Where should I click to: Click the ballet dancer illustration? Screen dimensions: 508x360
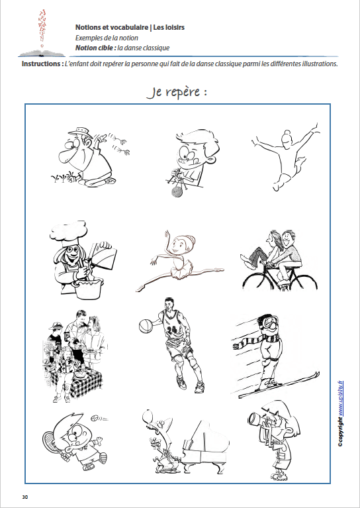pos(173,260)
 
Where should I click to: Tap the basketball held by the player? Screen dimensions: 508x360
pos(146,325)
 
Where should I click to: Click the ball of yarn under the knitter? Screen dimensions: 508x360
pos(175,192)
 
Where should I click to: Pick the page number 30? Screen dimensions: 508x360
pos(25,497)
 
